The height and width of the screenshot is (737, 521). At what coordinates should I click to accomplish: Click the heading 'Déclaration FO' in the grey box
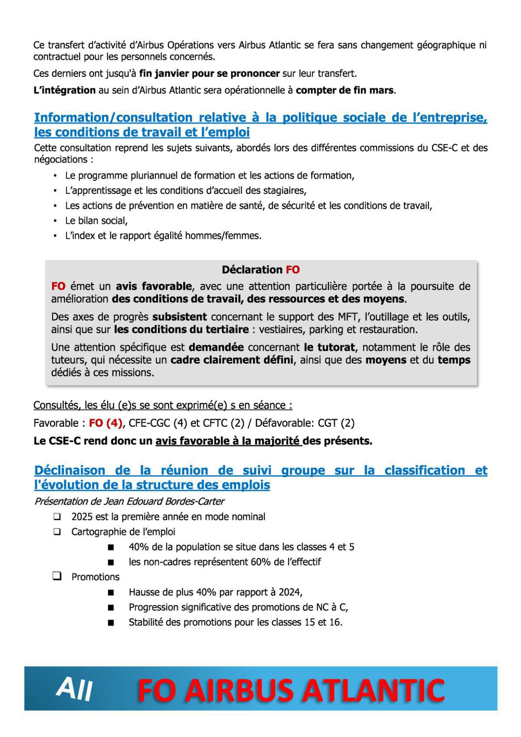tap(260, 270)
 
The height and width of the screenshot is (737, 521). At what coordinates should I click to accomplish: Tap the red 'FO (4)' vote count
tap(106, 423)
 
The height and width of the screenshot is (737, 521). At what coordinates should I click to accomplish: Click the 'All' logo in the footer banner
tap(74, 689)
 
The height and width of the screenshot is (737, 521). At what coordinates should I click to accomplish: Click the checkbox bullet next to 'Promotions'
tap(57, 577)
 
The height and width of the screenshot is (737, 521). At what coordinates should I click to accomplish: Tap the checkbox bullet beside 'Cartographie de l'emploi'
tap(57, 532)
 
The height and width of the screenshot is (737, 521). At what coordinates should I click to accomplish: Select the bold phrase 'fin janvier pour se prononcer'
tap(209, 73)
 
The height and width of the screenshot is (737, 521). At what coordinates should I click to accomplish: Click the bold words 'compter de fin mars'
tap(345, 90)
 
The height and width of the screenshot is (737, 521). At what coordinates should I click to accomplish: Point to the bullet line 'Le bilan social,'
tap(96, 221)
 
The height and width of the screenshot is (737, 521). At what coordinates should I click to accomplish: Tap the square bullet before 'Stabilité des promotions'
tap(111, 623)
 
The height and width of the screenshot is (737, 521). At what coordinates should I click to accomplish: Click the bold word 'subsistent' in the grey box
tap(179, 317)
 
